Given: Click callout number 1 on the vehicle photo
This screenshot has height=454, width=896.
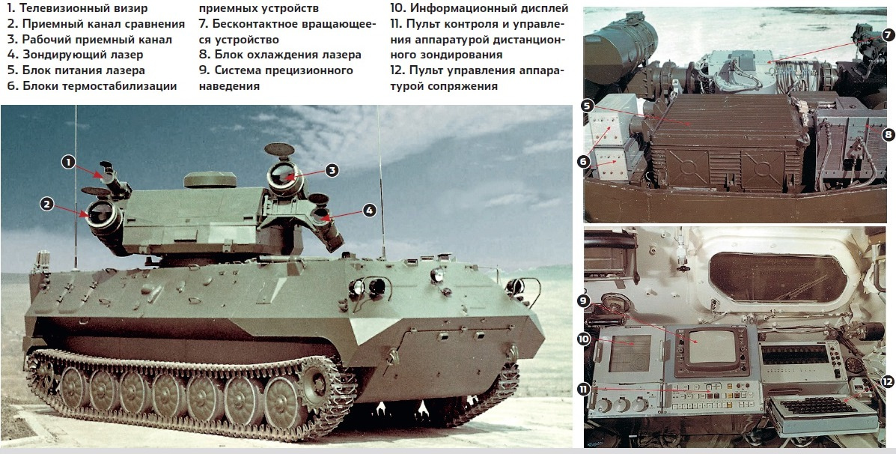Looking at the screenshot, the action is coord(69,163).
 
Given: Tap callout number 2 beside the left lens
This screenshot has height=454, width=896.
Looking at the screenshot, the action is coord(47,204).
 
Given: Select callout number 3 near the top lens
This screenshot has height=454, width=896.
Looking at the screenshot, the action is coord(332,170).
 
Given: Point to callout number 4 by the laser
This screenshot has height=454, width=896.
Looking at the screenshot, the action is coord(370,211).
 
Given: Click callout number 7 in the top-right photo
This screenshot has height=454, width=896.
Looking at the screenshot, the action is coord(888,34).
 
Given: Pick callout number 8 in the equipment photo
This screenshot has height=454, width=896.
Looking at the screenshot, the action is coord(888,135).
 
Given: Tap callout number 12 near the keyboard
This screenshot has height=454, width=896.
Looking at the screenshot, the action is coord(887,381).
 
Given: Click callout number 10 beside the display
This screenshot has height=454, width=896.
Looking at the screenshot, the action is coord(583,339).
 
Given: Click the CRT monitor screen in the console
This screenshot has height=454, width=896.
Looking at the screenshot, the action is coord(712,347).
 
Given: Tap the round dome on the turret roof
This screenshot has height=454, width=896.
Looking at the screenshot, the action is coord(210,180).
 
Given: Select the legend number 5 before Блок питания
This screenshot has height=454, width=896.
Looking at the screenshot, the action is coord(10,70).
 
